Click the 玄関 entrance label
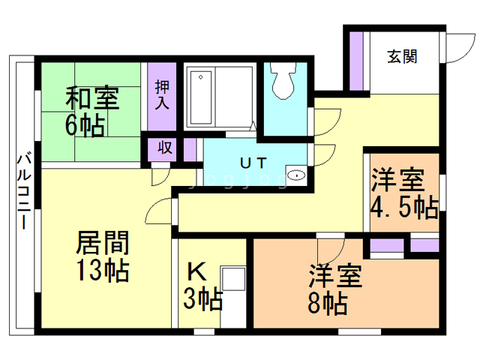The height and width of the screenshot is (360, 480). [x=402, y=57]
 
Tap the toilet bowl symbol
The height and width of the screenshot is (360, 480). [x=283, y=80]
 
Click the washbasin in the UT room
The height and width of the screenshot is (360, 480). [x=296, y=175]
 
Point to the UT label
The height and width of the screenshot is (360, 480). [x=253, y=163]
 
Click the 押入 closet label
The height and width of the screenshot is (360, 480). [x=162, y=95]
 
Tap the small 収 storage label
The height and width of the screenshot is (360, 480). [x=165, y=148]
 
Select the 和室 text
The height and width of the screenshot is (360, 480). [x=92, y=98]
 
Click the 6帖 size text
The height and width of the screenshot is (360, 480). [x=85, y=126]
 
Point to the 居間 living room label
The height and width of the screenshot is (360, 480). [x=102, y=243]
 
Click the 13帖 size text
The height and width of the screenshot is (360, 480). [x=102, y=270]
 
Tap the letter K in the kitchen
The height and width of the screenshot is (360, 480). [x=196, y=271]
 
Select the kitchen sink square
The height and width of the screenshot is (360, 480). [x=233, y=278]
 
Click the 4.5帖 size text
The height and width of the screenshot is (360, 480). [x=404, y=208]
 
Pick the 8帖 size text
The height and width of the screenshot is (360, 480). [x=328, y=304]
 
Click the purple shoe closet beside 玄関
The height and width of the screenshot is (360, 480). [x=356, y=61]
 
